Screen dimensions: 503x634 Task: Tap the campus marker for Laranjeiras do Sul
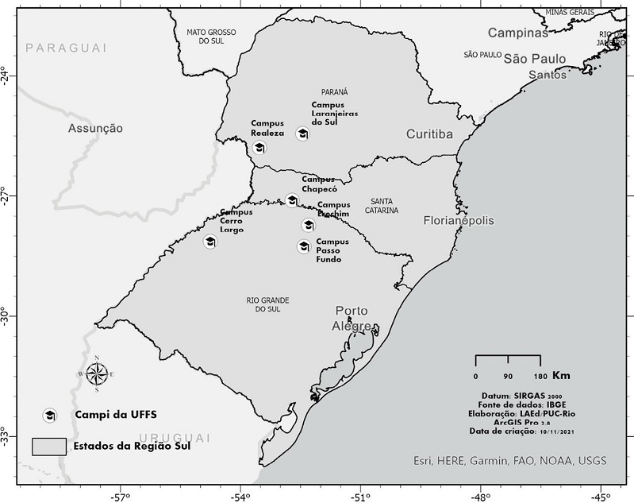(302, 133)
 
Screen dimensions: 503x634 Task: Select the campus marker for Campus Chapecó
(292, 199)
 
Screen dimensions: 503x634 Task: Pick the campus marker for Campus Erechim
(308, 225)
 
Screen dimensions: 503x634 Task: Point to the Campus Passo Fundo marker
(304, 246)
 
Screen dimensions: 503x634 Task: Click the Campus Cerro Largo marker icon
(210, 242)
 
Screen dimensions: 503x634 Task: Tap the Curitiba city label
(429, 134)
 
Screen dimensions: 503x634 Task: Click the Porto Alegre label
(352, 319)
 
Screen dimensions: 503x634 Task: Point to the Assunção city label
(95, 127)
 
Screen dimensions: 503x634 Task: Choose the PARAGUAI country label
(66, 48)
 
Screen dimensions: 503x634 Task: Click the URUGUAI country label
(174, 438)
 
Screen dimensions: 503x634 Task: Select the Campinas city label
(517, 33)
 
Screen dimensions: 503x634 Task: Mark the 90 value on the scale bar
(508, 376)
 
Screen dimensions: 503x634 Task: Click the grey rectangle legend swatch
(48, 446)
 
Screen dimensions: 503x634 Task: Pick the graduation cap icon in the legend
(50, 415)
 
